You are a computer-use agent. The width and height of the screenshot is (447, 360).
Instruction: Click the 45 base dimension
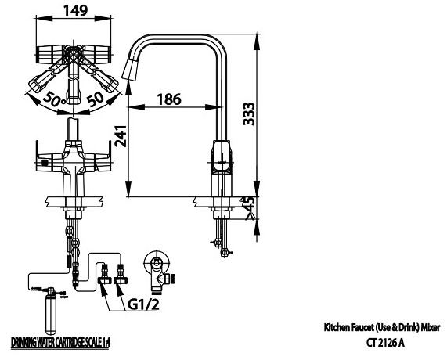pyautogui.click(x=251, y=205)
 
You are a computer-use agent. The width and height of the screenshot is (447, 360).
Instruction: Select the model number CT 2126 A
pyautogui.click(x=385, y=342)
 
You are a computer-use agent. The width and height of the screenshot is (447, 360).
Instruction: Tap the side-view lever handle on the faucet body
pyautogui.click(x=222, y=157)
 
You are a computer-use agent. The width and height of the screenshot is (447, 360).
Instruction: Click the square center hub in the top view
pyautogui.click(x=73, y=56)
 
